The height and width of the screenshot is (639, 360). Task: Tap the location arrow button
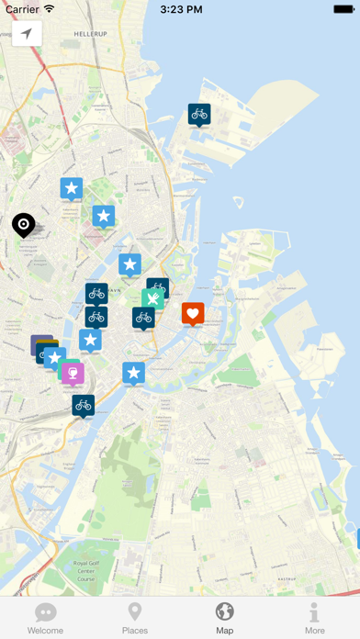tap(27, 34)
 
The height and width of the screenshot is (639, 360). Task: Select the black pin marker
tap(23, 224)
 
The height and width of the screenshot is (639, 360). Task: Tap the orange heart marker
tap(193, 314)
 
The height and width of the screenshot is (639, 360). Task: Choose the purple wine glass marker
tap(73, 373)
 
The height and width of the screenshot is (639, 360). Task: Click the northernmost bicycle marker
tap(199, 114)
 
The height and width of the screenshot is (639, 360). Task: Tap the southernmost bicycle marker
tap(84, 405)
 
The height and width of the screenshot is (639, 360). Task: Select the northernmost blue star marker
tap(72, 189)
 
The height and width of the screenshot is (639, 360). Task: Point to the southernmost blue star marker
tap(134, 373)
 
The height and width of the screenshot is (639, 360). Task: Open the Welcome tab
tap(45, 618)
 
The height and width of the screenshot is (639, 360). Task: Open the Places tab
tap(135, 618)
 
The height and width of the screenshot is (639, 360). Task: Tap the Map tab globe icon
tap(225, 611)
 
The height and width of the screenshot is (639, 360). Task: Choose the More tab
tap(315, 618)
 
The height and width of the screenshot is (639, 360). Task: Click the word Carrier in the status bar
tap(22, 9)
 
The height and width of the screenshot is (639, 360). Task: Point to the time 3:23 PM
tap(180, 9)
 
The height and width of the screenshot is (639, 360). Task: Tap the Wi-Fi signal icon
tap(50, 9)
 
